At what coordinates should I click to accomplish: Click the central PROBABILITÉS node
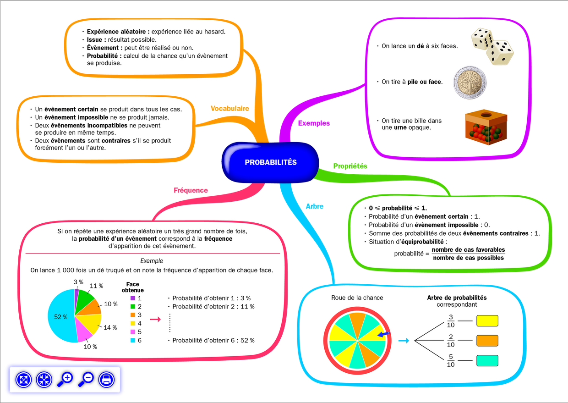click(x=270, y=162)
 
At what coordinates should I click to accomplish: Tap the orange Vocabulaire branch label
click(x=229, y=109)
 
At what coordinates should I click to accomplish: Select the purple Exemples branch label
click(x=314, y=123)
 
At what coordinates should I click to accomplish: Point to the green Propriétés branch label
click(x=350, y=166)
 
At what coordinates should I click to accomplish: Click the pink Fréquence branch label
click(x=191, y=190)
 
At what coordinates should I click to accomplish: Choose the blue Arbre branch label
click(x=314, y=206)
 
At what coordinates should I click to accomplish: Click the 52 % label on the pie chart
click(x=61, y=317)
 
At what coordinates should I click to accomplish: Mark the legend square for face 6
click(x=132, y=341)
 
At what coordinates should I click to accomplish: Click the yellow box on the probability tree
click(x=487, y=320)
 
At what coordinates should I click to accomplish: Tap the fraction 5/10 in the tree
click(x=451, y=361)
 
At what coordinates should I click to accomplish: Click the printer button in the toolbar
click(x=106, y=380)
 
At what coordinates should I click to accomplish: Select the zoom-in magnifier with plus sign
click(x=65, y=380)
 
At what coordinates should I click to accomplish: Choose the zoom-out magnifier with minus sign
click(x=86, y=380)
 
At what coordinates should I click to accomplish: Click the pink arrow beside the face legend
click(x=155, y=320)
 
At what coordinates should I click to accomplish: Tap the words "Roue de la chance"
click(x=357, y=298)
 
